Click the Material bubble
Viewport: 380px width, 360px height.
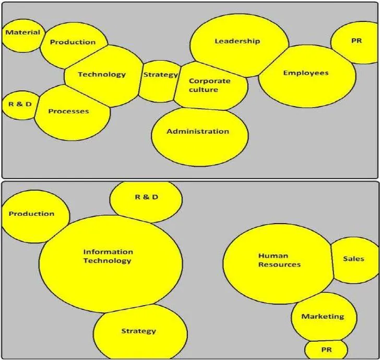pos(23,36)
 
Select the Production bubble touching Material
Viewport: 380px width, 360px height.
pos(73,45)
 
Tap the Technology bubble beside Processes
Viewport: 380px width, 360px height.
pos(103,76)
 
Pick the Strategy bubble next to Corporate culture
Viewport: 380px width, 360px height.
pos(160,82)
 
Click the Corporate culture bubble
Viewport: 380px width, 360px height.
pos(210,86)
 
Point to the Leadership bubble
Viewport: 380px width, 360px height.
pos(239,45)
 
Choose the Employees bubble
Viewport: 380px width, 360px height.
pos(307,76)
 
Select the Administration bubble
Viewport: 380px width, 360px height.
pos(200,137)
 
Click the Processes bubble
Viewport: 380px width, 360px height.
pos(72,112)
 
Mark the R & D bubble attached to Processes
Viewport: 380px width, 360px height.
pos(20,106)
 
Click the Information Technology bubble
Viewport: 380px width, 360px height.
pos(111,264)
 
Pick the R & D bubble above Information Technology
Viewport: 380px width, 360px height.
pos(146,202)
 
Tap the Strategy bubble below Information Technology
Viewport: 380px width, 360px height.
pos(140,332)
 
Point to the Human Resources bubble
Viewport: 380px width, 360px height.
pos(278,264)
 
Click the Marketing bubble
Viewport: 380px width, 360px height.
pos(324,317)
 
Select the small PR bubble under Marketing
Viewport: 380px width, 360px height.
pos(326,350)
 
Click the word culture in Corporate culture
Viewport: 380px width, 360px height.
pos(204,90)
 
